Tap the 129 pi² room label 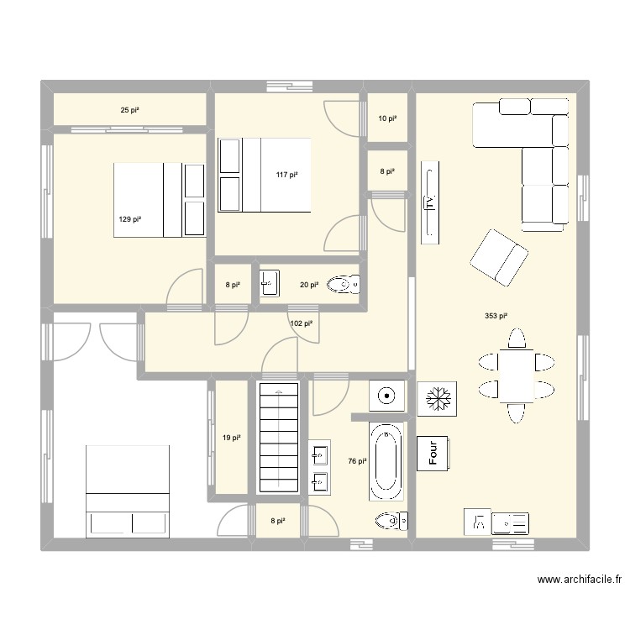(x=129, y=219)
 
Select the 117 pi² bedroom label (x=287, y=175)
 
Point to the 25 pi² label (x=130, y=110)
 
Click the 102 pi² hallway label (x=301, y=323)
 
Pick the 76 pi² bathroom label (x=357, y=461)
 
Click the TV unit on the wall (x=429, y=202)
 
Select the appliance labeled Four (x=435, y=454)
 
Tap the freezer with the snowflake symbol (x=437, y=397)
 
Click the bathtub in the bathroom (x=386, y=460)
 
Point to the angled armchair (x=498, y=255)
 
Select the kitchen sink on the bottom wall (x=510, y=522)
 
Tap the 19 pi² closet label (x=232, y=438)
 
